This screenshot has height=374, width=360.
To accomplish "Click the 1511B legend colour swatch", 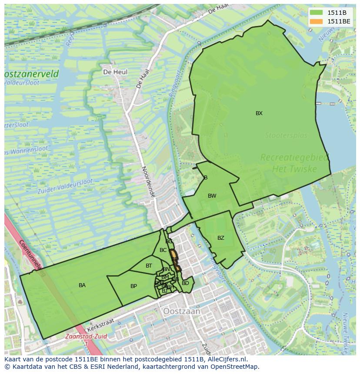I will pos(317,12).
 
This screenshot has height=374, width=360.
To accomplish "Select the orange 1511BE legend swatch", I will pos(317,21).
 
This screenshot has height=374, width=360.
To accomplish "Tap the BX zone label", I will pos(259,113).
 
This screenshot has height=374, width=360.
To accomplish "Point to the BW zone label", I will pos(212,196).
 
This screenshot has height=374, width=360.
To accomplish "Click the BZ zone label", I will pos(221,238).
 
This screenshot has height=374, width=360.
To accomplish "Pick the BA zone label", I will pos(82,285).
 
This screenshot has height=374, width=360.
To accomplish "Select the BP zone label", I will pos(133,286).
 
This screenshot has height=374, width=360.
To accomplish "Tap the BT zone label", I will pos(149,266).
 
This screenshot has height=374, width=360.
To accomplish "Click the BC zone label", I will pos(163,250).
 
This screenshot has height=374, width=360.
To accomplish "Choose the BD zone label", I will pos(185,283).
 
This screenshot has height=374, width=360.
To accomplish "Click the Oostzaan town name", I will pos(182,311).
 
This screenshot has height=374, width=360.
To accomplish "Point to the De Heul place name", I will pos(115,72).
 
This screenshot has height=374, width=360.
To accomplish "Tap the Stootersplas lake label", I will pos(286,136).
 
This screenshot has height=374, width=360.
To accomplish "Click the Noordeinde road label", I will pos(148,182).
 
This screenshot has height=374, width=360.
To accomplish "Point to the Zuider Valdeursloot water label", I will pos(65,182).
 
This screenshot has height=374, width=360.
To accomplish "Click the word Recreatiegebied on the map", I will pos(294,158).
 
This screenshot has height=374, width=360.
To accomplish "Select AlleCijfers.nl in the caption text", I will pos(226,359).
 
